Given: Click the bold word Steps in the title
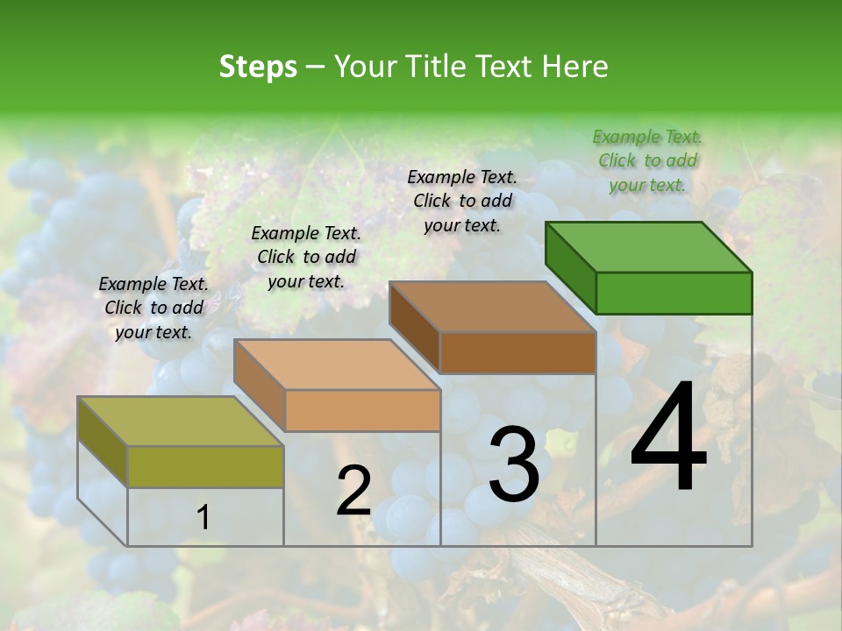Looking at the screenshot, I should [x=258, y=67].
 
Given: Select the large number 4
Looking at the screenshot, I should [x=668, y=438].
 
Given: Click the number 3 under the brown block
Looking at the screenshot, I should [x=514, y=464].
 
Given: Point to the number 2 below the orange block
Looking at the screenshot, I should [x=353, y=491].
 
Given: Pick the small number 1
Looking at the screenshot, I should [x=203, y=518].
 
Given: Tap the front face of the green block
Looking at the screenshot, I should [x=674, y=293].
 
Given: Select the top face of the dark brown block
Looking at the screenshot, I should [x=491, y=307].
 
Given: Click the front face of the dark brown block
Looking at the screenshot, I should [x=517, y=353].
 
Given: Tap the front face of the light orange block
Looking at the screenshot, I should [x=362, y=410].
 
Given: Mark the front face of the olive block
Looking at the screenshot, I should [x=206, y=466].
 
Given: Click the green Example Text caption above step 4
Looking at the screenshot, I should [x=647, y=160].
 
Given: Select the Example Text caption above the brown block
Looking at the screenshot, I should [x=462, y=201].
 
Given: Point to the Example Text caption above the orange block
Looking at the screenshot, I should [x=306, y=257].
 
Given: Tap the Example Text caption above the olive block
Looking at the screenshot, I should [x=153, y=308].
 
